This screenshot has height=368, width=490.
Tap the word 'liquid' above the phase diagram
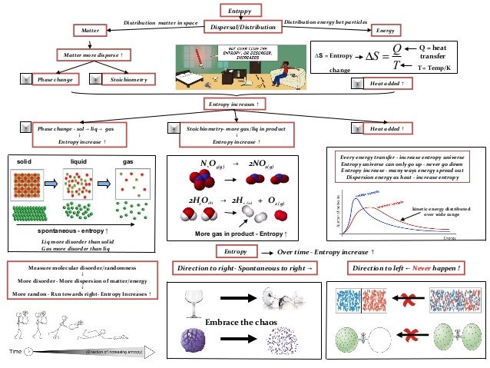pyautogui.click(x=80, y=162)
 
